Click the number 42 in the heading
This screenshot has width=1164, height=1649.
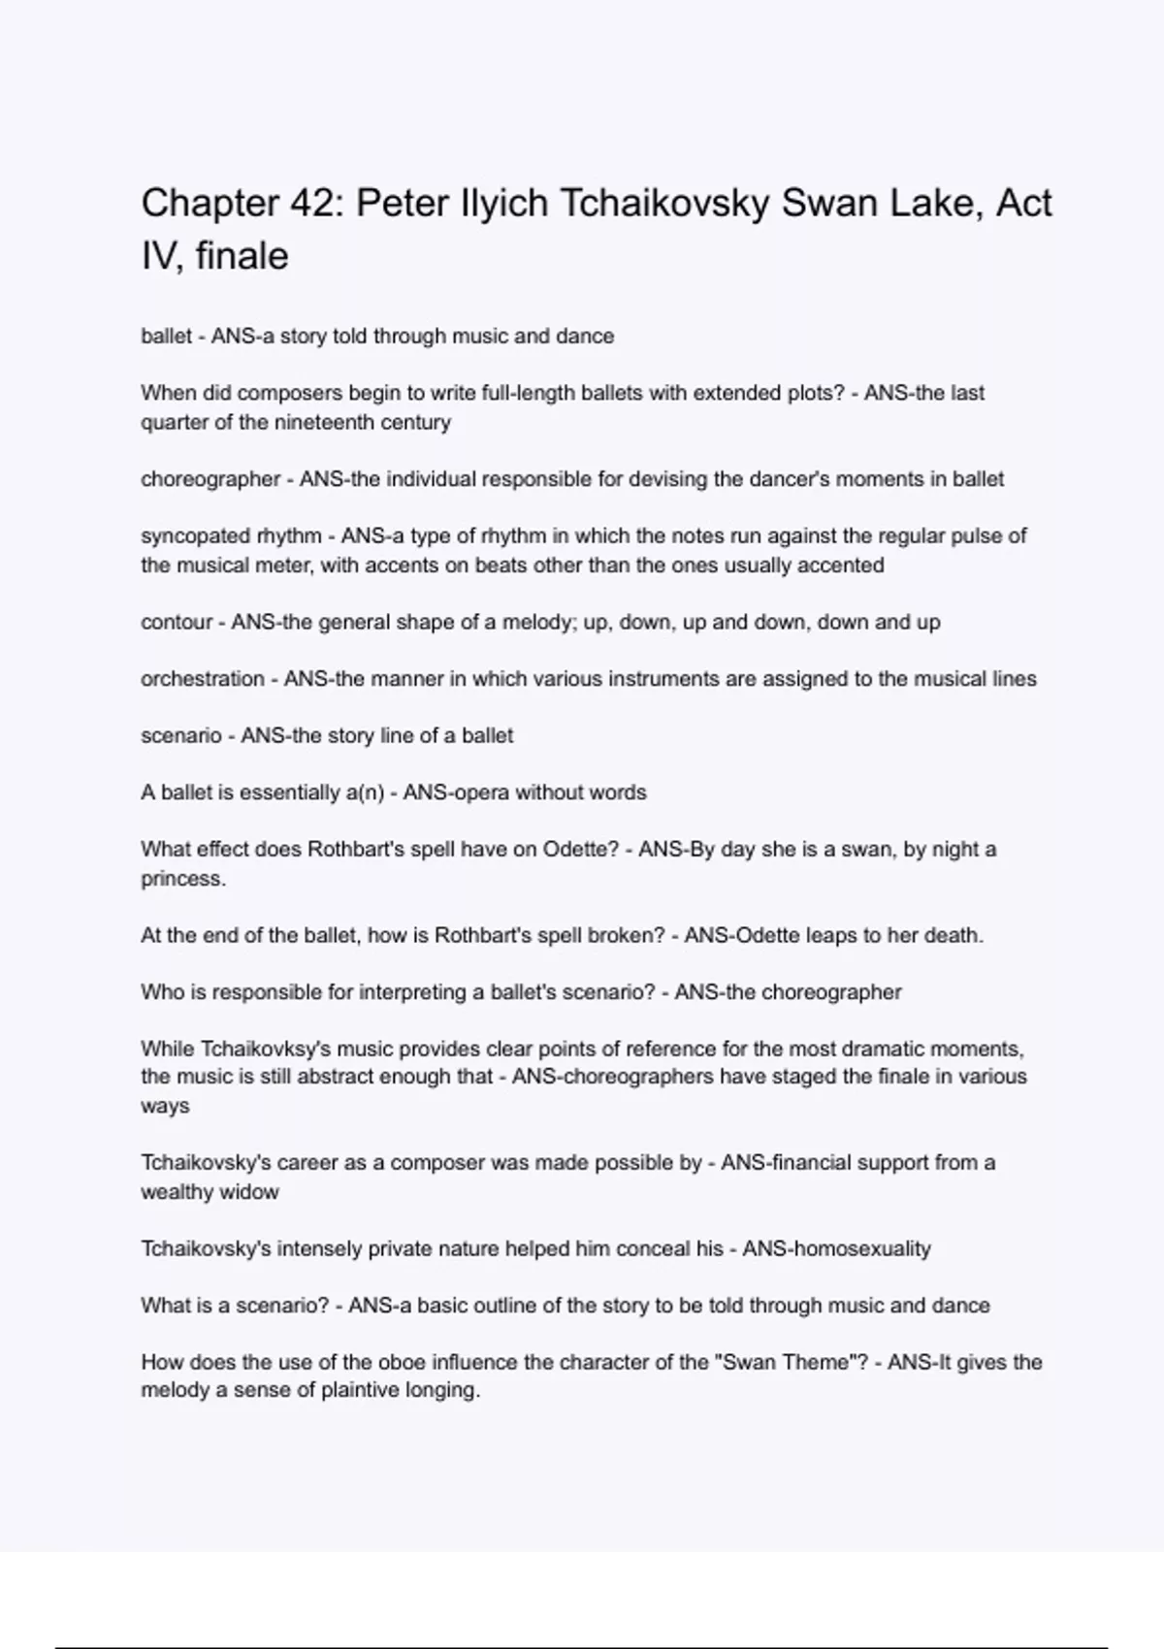(x=310, y=204)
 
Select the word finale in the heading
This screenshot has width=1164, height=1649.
(x=242, y=257)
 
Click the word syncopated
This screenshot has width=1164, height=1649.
(x=195, y=536)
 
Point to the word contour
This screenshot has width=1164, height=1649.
(x=176, y=622)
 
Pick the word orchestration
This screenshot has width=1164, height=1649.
(x=202, y=679)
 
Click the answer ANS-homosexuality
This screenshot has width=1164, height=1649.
(x=836, y=1248)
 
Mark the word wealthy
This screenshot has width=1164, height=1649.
(x=176, y=1192)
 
